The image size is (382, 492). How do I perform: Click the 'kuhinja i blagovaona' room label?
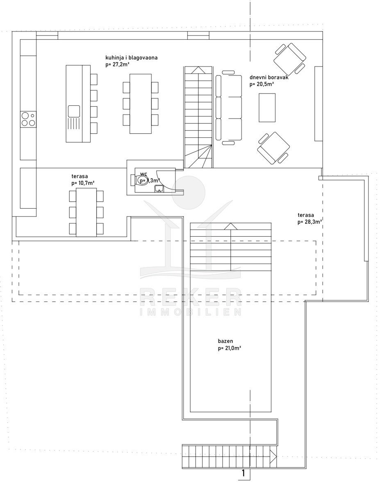(x=132, y=58)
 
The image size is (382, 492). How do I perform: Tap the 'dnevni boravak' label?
(x=269, y=77)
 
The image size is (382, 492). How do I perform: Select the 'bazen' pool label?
(x=225, y=341)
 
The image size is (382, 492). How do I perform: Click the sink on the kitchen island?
(x=74, y=112)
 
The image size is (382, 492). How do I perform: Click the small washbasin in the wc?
(x=159, y=189)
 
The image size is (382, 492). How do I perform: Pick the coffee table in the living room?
(x=267, y=108)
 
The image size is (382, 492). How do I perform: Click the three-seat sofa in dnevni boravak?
(x=229, y=108)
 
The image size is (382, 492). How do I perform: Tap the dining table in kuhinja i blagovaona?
(x=141, y=104)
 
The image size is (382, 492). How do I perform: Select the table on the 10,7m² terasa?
(x=86, y=212)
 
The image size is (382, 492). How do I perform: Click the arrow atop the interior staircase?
(x=198, y=70)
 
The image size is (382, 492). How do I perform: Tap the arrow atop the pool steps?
(x=231, y=226)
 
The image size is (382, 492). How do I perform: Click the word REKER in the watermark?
(x=191, y=297)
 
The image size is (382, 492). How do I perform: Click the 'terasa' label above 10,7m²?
(x=80, y=176)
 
